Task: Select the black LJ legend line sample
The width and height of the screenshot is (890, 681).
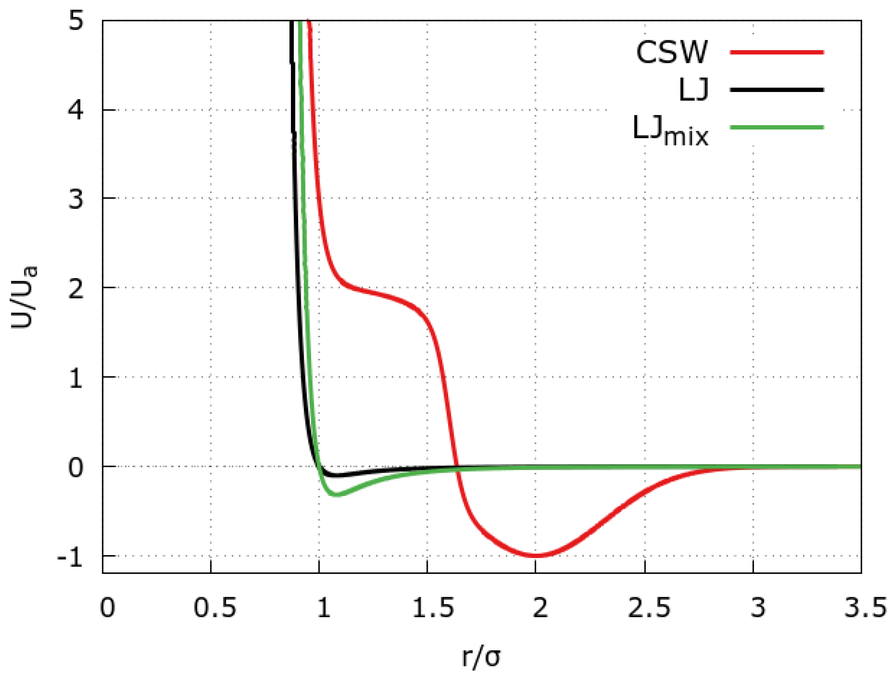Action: point(777,90)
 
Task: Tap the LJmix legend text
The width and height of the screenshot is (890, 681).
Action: point(670,131)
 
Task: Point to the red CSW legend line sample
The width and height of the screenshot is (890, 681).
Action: point(777,52)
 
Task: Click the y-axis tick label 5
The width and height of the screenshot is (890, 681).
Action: point(76,20)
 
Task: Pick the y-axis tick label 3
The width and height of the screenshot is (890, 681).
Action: point(76,199)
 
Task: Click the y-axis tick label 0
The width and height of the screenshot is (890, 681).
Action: point(76,468)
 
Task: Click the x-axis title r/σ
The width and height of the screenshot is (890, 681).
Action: point(481,657)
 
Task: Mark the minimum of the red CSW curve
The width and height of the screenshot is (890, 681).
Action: point(536,556)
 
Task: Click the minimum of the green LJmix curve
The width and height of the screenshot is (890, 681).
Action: point(336,495)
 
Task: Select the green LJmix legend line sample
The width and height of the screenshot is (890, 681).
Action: point(777,127)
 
